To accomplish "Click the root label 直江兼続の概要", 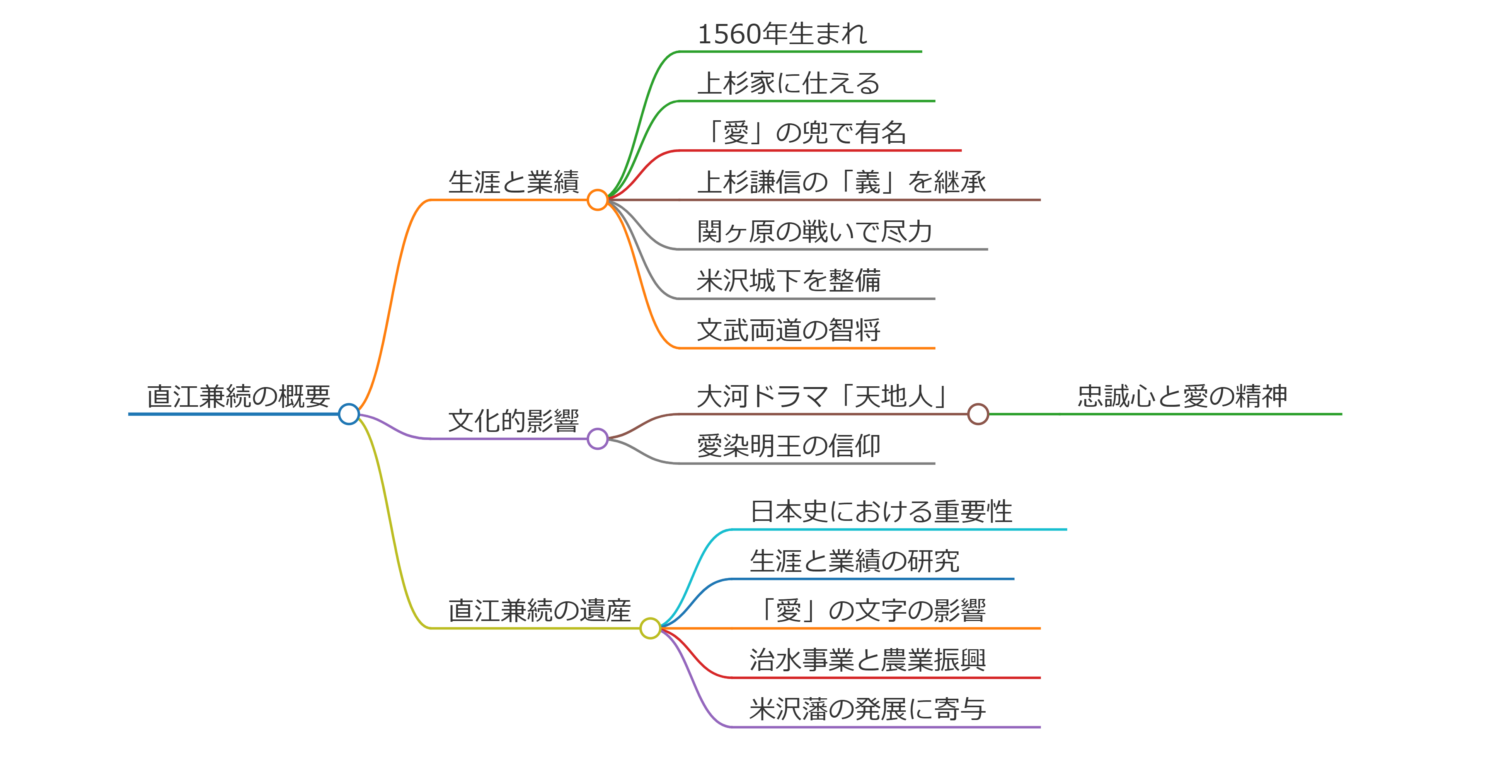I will tap(239, 396).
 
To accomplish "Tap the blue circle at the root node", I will tap(349, 414).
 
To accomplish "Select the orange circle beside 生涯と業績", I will tap(598, 200).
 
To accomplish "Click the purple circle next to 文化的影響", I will tap(598, 438).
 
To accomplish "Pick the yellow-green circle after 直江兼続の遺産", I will tap(650, 629).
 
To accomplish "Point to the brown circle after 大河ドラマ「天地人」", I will tap(978, 414).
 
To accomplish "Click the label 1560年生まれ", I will tap(782, 34).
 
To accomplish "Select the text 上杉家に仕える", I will tap(789, 83).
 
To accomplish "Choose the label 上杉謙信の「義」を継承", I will tap(841, 182).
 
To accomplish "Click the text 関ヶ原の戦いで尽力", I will tap(815, 232).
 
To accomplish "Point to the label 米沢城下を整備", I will tap(789, 281).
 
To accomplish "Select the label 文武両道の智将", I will tap(789, 330).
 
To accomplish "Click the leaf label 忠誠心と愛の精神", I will tap(1182, 396).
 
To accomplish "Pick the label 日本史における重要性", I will tap(881, 512).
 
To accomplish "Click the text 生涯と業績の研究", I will tap(855, 561).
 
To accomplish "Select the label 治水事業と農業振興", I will tap(867, 660).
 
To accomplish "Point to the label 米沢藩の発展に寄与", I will tap(867, 709).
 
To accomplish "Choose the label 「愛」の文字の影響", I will tap(867, 611).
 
